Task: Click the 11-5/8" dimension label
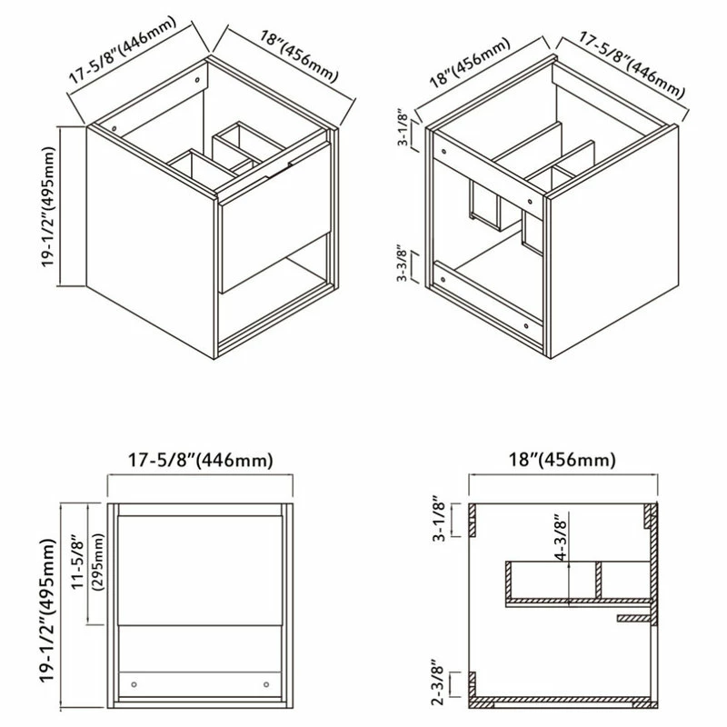click(77, 563)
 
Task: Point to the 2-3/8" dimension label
click(437, 682)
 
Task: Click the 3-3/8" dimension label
click(402, 265)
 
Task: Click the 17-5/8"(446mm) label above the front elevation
click(200, 461)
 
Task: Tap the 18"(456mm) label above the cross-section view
click(563, 460)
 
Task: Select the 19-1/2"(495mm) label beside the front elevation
click(48, 610)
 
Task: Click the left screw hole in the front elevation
click(134, 684)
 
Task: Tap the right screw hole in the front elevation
click(266, 684)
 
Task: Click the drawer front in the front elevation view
click(200, 571)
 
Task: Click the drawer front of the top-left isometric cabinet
click(277, 217)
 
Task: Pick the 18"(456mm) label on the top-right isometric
click(469, 63)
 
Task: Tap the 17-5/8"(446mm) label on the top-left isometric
click(123, 50)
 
